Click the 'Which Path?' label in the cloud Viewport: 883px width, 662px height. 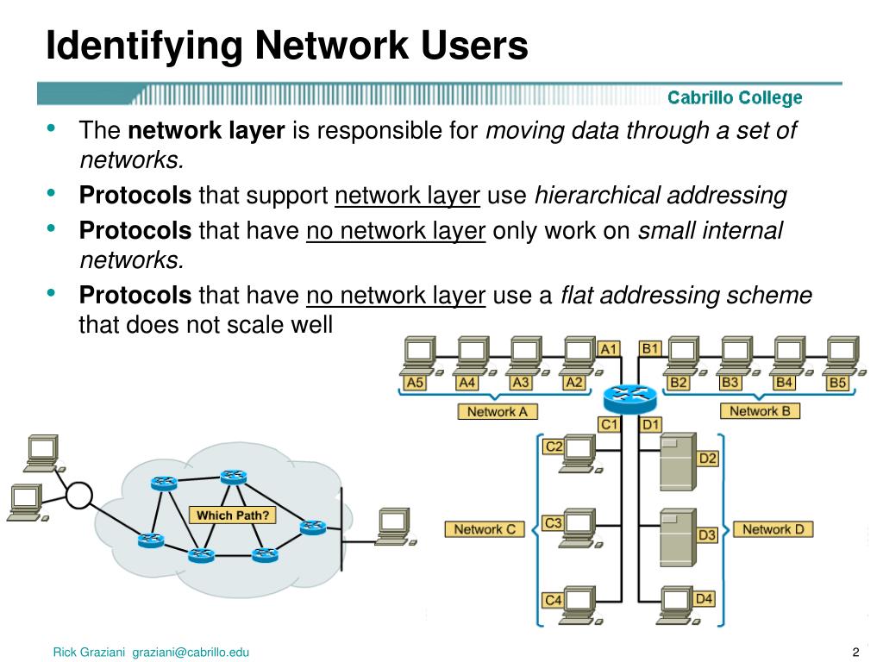point(233,515)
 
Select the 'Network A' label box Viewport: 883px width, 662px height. point(497,411)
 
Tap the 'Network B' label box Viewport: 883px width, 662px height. point(760,411)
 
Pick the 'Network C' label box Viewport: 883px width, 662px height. point(485,529)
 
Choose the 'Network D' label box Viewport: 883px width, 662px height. point(773,529)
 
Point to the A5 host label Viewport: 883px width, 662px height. point(416,383)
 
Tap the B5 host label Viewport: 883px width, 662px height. point(837,383)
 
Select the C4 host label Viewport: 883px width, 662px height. point(554,599)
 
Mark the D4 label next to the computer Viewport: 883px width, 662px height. point(704,598)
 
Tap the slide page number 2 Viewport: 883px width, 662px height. point(855,651)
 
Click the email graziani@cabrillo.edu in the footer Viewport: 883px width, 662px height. point(191,652)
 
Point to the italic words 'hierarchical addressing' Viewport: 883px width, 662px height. point(661,196)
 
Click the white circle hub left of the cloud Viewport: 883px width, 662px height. point(79,496)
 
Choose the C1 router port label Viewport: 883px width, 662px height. point(610,424)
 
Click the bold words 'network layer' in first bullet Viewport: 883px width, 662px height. point(206,130)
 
